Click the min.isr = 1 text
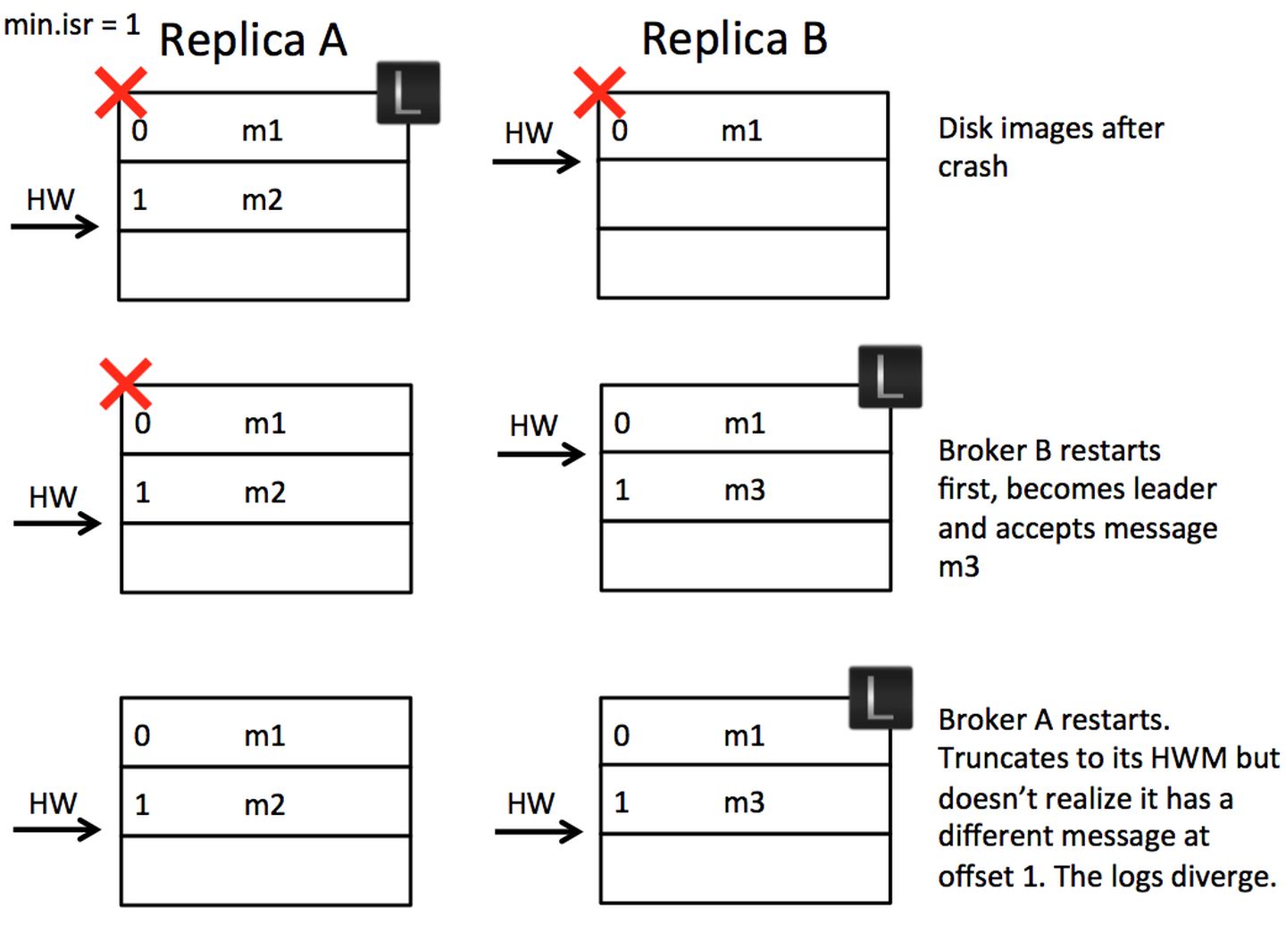tap(71, 24)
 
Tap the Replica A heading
tap(253, 40)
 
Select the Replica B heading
tap(734, 39)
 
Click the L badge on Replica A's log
tap(408, 92)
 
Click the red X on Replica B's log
tap(599, 91)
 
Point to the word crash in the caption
tap(973, 167)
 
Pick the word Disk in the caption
tap(965, 129)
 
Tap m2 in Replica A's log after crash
tap(262, 199)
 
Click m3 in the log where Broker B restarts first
tap(744, 490)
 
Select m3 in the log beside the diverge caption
tap(744, 802)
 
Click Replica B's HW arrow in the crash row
tap(536, 162)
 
